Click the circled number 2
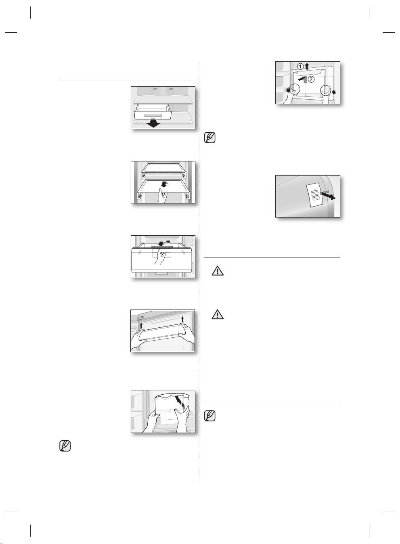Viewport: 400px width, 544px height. (x=311, y=80)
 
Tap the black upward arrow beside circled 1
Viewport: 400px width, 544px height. (x=307, y=66)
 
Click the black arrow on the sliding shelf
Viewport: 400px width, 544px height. (x=163, y=184)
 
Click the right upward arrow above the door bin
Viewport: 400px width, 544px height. (x=183, y=320)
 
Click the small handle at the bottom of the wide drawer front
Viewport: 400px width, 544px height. (x=161, y=274)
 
